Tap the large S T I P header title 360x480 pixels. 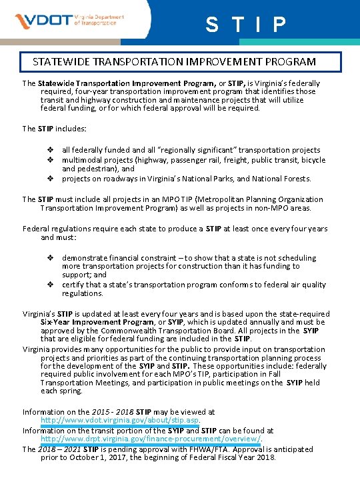[x=246, y=25]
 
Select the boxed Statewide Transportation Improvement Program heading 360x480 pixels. [x=175, y=62]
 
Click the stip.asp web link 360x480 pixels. [x=120, y=421]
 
